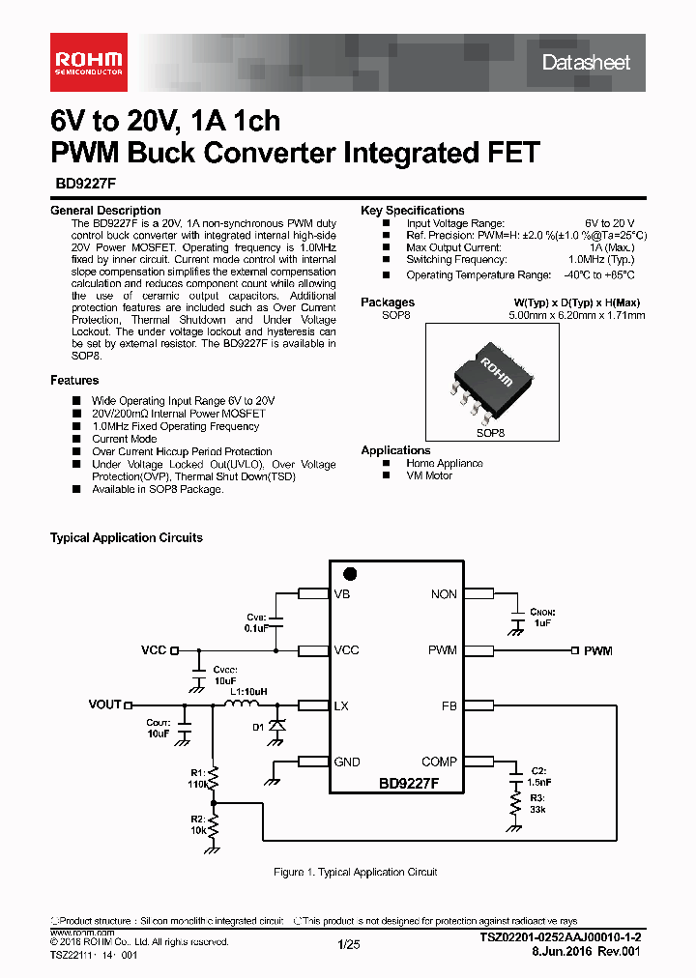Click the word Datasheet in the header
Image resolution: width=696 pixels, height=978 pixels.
(x=586, y=63)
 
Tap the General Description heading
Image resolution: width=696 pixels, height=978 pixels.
(x=105, y=211)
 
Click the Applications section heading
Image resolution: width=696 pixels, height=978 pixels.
(x=395, y=450)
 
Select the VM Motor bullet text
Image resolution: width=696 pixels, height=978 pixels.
(x=429, y=475)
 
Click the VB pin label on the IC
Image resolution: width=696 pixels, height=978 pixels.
(x=342, y=594)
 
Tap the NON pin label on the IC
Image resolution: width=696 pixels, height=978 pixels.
(x=444, y=594)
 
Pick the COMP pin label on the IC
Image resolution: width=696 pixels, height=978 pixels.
(x=440, y=762)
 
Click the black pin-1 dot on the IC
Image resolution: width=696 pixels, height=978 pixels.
(x=351, y=574)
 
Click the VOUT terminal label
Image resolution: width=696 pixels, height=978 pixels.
(x=105, y=705)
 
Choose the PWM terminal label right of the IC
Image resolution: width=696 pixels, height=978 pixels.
(x=597, y=651)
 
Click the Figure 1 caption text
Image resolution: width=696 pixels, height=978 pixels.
(x=356, y=873)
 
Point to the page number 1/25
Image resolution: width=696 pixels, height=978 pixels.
(x=349, y=945)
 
